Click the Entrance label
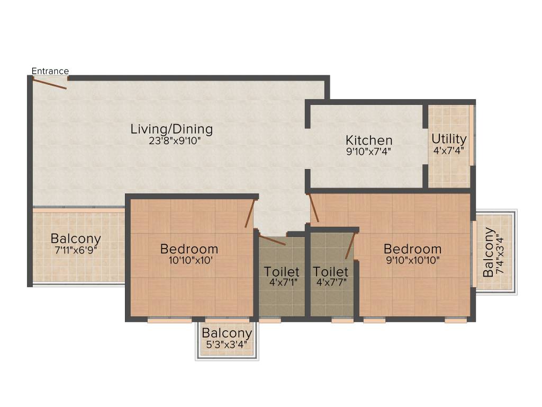50,71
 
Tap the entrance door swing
50,83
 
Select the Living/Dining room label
171,129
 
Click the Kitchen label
369,140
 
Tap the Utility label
449,139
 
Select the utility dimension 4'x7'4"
449,151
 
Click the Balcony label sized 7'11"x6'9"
76,238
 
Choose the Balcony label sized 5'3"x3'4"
227,333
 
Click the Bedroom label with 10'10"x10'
189,249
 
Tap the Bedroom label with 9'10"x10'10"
412,249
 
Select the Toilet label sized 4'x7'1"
282,272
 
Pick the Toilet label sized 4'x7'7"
330,272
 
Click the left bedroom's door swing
250,214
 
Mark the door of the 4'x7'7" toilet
350,246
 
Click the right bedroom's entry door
314,208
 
